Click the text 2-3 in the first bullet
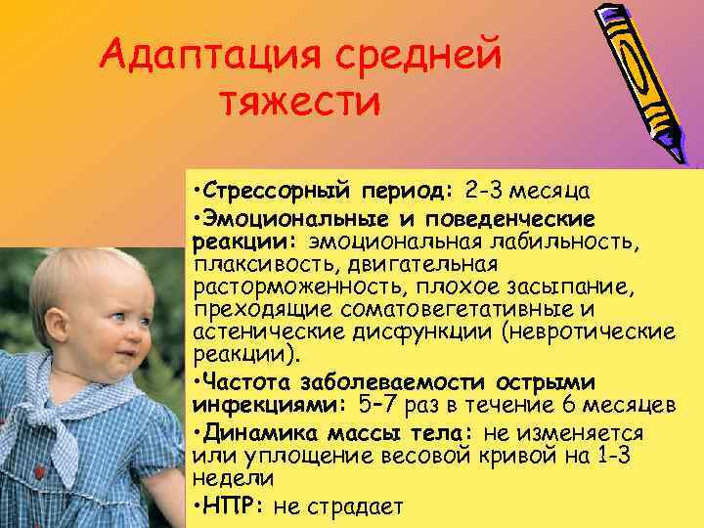coord(485,188)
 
